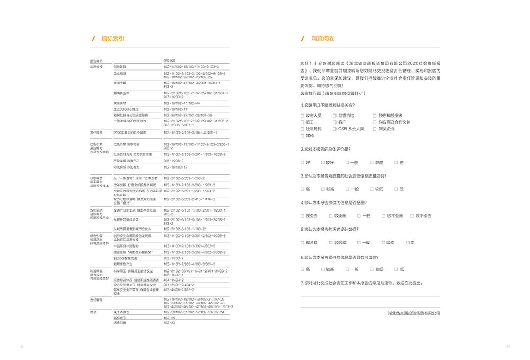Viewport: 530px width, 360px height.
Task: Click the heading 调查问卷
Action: pos(323,39)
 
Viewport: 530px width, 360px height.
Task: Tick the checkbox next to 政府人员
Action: pos(302,116)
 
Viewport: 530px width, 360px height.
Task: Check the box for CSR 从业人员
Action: pos(334,129)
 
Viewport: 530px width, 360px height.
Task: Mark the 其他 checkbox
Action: pos(302,136)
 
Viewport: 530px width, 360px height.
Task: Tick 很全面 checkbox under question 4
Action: pos(302,216)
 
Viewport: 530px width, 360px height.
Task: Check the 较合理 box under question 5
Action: pos(331,242)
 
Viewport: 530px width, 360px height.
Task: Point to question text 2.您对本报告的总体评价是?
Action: pos(325,149)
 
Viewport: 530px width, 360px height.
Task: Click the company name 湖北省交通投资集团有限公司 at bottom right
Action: pos(413,313)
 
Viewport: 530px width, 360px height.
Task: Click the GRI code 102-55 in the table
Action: pos(170,318)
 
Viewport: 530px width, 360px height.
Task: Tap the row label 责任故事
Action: pos(96,132)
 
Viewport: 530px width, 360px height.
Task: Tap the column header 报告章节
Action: pos(97,61)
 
